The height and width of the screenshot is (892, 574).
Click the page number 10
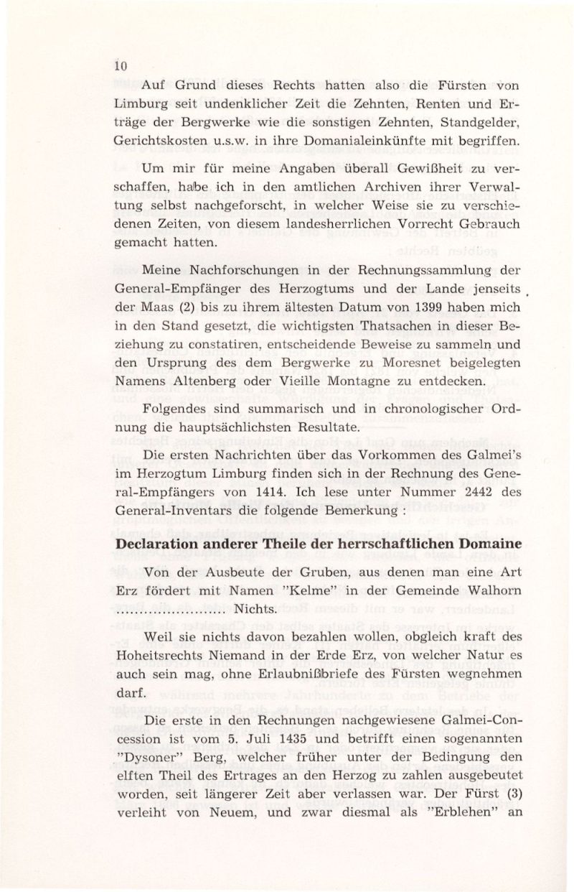click(x=119, y=67)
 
